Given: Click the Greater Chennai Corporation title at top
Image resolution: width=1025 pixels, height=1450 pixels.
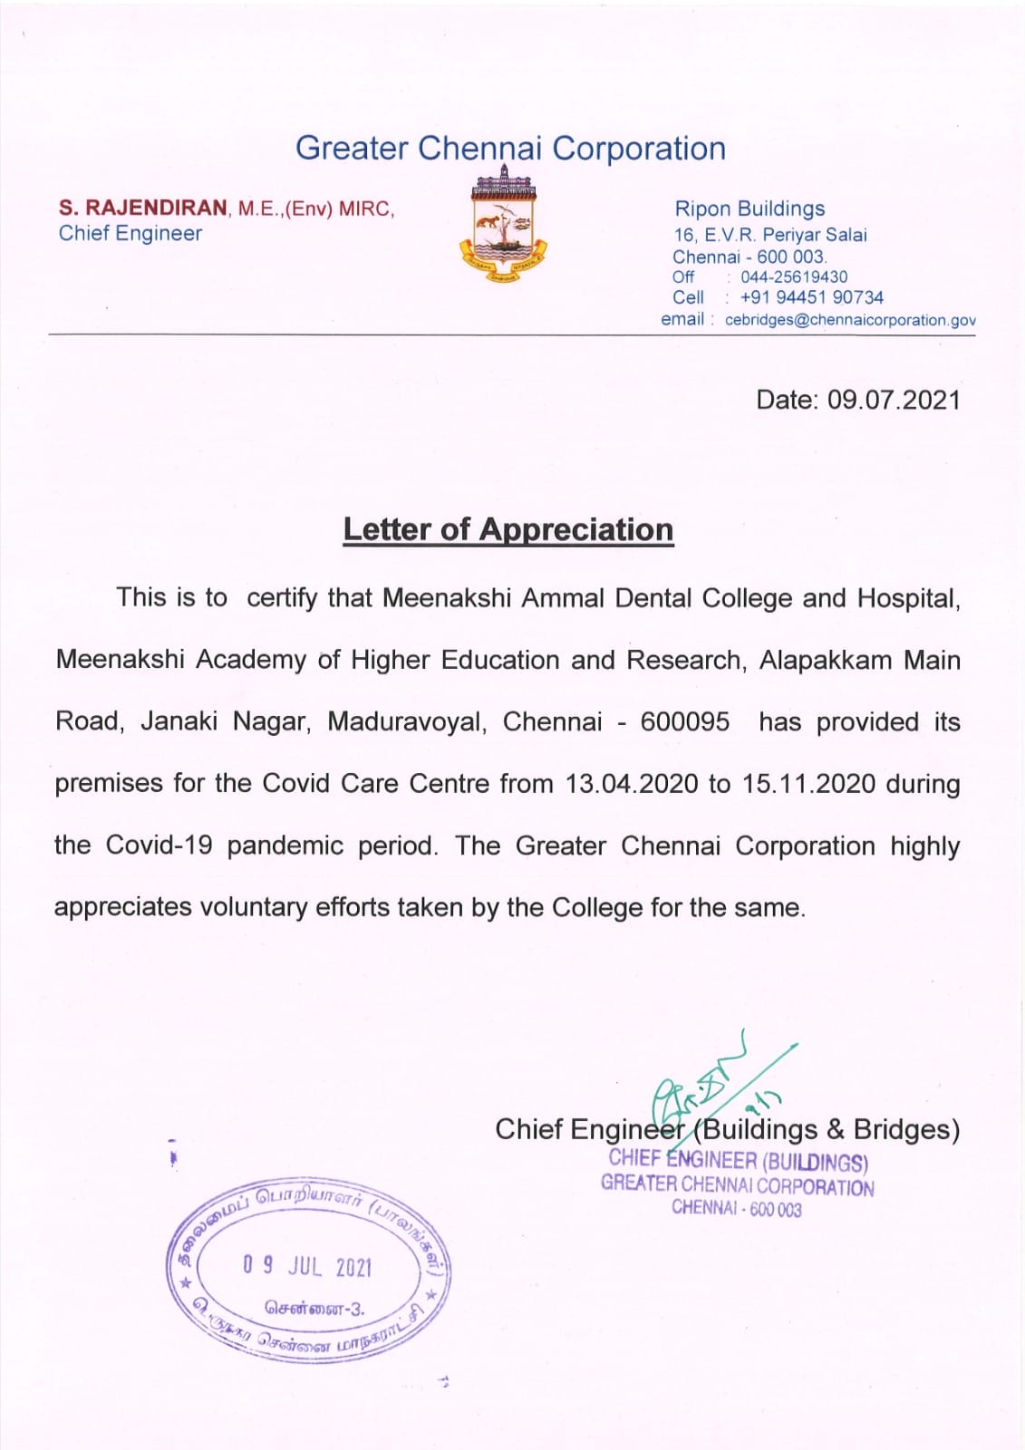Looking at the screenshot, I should click(510, 149).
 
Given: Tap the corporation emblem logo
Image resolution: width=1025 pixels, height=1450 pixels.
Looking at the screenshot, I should click(504, 226).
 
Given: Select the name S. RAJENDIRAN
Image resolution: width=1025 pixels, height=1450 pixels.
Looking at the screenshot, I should click(143, 208).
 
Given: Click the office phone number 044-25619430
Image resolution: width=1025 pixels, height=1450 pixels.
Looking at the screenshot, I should click(794, 277).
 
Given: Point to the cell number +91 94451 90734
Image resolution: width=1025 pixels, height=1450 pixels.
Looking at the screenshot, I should click(811, 297).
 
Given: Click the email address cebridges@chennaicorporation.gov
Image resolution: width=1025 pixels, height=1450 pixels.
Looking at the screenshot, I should click(850, 320).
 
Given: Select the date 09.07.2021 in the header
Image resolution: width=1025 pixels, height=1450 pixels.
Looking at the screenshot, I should click(894, 400).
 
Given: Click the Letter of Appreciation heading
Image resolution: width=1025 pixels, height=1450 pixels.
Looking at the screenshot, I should click(508, 530).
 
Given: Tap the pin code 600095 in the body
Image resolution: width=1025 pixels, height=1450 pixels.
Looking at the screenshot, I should click(684, 721).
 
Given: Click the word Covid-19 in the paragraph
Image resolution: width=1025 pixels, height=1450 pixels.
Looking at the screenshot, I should click(160, 845).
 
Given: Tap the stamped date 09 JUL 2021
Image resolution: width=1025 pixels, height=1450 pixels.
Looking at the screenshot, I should click(307, 1266).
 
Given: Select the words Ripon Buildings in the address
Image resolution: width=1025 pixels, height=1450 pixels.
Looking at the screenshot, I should click(749, 209).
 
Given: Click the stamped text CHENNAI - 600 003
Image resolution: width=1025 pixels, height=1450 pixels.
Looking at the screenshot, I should click(736, 1208).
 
